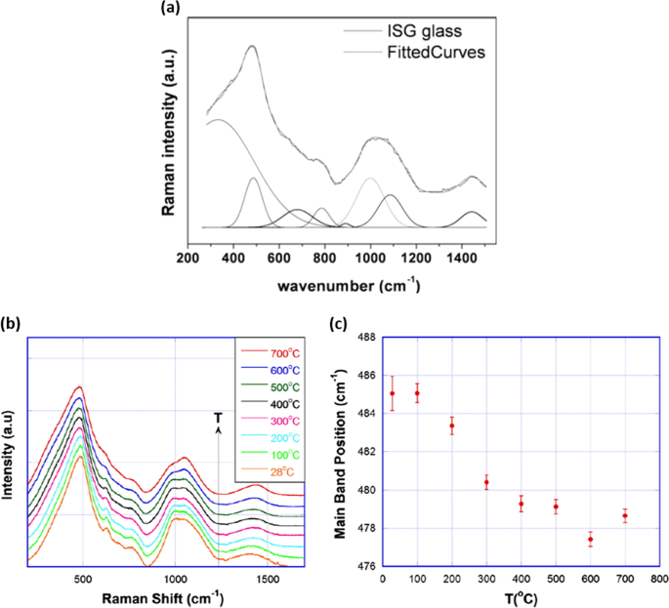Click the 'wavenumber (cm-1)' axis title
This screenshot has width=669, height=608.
348,286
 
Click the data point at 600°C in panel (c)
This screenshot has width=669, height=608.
590,540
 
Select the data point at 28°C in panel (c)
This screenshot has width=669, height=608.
392,393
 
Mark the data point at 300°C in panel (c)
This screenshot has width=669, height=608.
486,482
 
